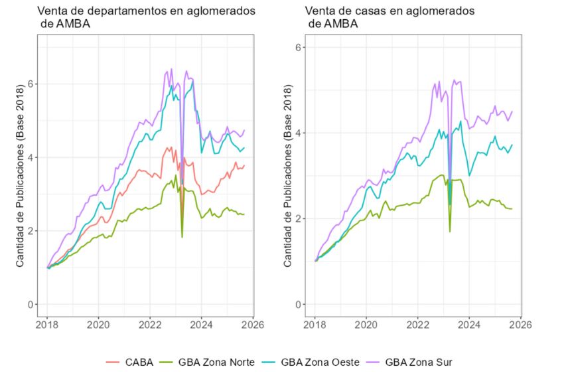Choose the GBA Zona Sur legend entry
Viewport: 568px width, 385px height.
[x=410, y=362]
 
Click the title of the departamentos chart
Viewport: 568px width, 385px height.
[x=146, y=18]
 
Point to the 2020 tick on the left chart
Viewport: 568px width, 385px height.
[x=99, y=326]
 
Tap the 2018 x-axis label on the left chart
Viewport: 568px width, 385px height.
[x=47, y=326]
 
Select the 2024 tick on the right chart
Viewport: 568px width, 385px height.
[x=469, y=326]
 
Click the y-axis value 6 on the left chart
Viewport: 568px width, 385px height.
[x=31, y=84]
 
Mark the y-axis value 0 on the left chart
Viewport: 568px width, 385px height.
[x=31, y=305]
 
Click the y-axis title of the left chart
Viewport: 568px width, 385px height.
[x=20, y=174]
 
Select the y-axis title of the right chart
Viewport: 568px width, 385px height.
[x=287, y=174]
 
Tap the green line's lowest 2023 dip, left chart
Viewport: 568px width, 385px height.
[x=182, y=236]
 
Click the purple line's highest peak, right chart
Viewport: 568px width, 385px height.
[x=455, y=80]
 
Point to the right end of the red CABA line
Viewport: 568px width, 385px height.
[x=244, y=165]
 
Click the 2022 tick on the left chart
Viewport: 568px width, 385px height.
[x=151, y=326]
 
